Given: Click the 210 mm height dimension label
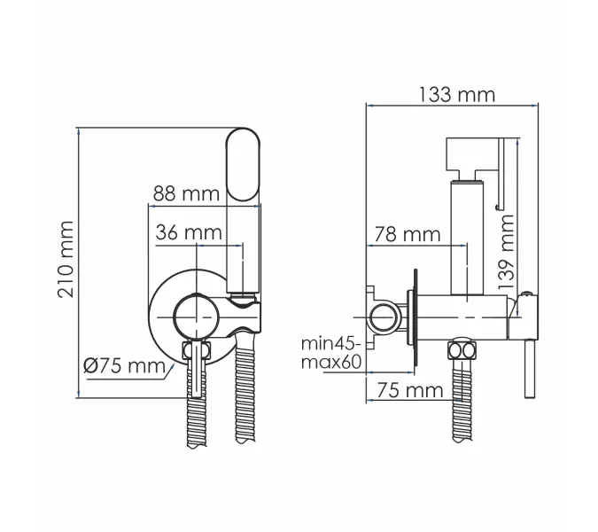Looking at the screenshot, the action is click(x=66, y=260).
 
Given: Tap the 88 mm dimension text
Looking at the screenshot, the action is click(x=186, y=194).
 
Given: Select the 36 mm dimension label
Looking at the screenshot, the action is click(x=189, y=232).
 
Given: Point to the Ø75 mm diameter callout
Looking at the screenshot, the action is click(x=124, y=366).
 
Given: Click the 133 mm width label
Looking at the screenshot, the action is click(x=457, y=95).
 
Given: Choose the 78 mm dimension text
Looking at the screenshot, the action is click(x=408, y=234).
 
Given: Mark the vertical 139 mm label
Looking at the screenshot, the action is click(x=507, y=252).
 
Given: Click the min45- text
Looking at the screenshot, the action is click(x=330, y=343).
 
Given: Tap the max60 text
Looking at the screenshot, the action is click(x=331, y=362).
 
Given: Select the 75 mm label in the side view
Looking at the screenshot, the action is click(x=410, y=390).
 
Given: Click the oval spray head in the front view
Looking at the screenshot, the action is click(x=243, y=165).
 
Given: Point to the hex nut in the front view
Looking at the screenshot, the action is click(x=197, y=350).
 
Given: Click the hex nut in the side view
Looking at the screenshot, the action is click(x=462, y=349).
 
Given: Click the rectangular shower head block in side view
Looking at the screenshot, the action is click(x=472, y=154).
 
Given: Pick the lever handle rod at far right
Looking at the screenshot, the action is click(x=531, y=369).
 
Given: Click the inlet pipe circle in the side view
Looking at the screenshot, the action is click(x=384, y=317).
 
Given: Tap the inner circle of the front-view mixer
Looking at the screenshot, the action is click(x=197, y=317).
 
